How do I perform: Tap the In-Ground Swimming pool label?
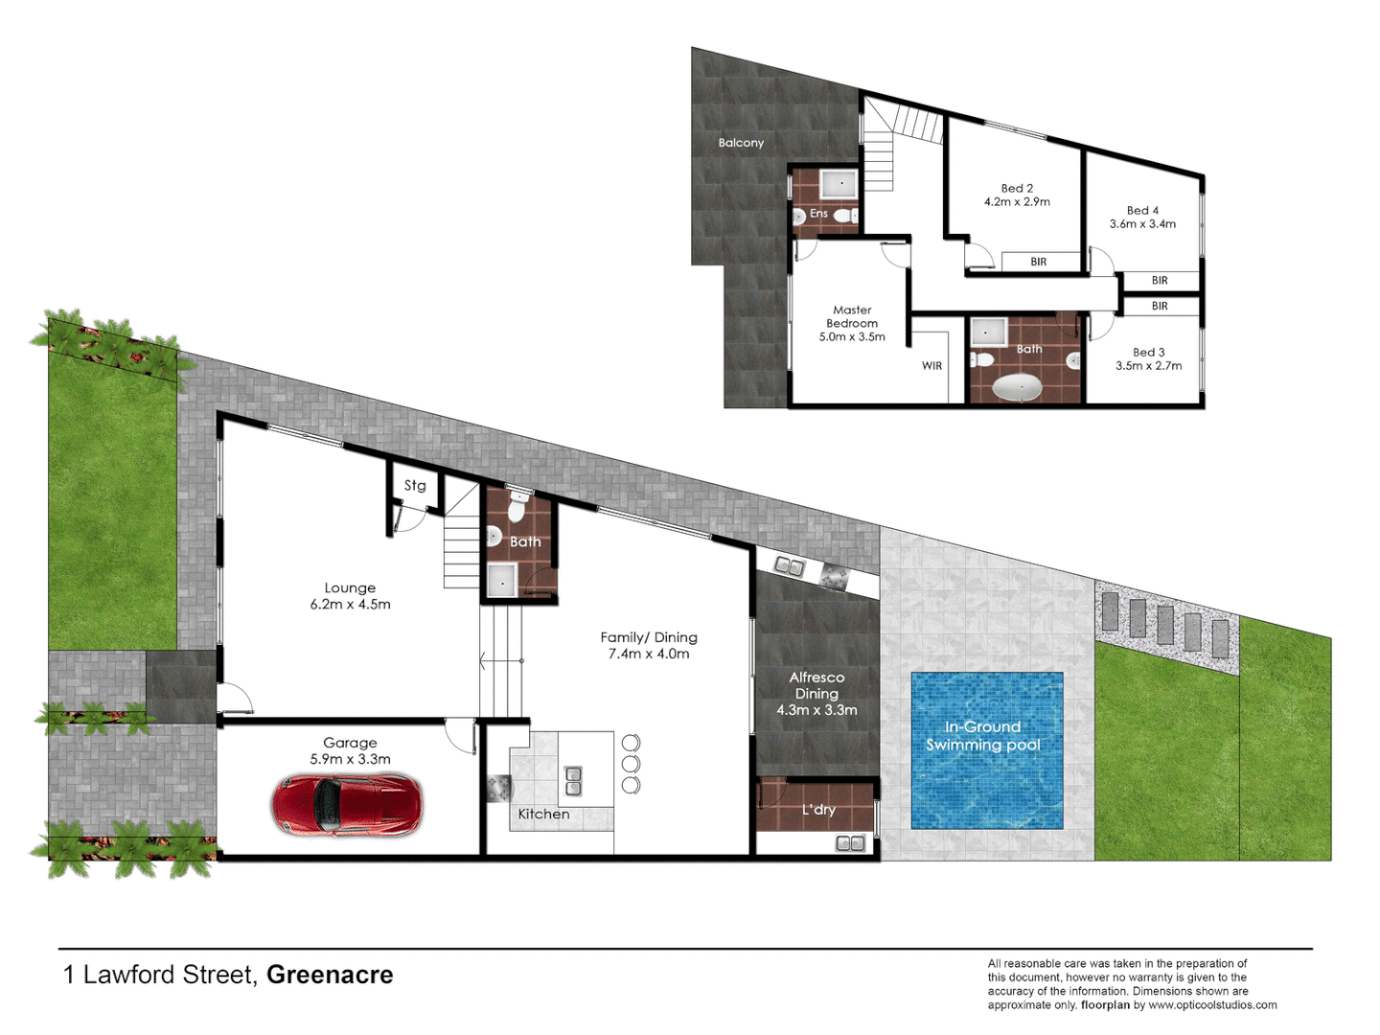pyautogui.click(x=983, y=736)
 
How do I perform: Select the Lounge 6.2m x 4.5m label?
pyautogui.click(x=350, y=596)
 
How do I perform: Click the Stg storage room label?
pyautogui.click(x=415, y=486)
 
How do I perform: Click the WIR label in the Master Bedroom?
pyautogui.click(x=931, y=366)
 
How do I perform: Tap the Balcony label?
pyautogui.click(x=741, y=143)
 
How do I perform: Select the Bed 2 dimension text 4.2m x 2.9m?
pyautogui.click(x=1017, y=202)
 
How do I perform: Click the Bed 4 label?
pyautogui.click(x=1142, y=210)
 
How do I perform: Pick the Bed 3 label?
pyautogui.click(x=1148, y=352)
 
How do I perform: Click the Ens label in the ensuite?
pyautogui.click(x=818, y=214)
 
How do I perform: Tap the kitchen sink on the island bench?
pyautogui.click(x=573, y=781)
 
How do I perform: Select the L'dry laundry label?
pyautogui.click(x=818, y=810)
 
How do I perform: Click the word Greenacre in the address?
pyautogui.click(x=330, y=975)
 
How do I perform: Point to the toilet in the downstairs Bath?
pyautogui.click(x=517, y=507)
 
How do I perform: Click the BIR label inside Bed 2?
pyautogui.click(x=1038, y=262)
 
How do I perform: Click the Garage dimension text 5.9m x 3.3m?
pyautogui.click(x=350, y=759)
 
